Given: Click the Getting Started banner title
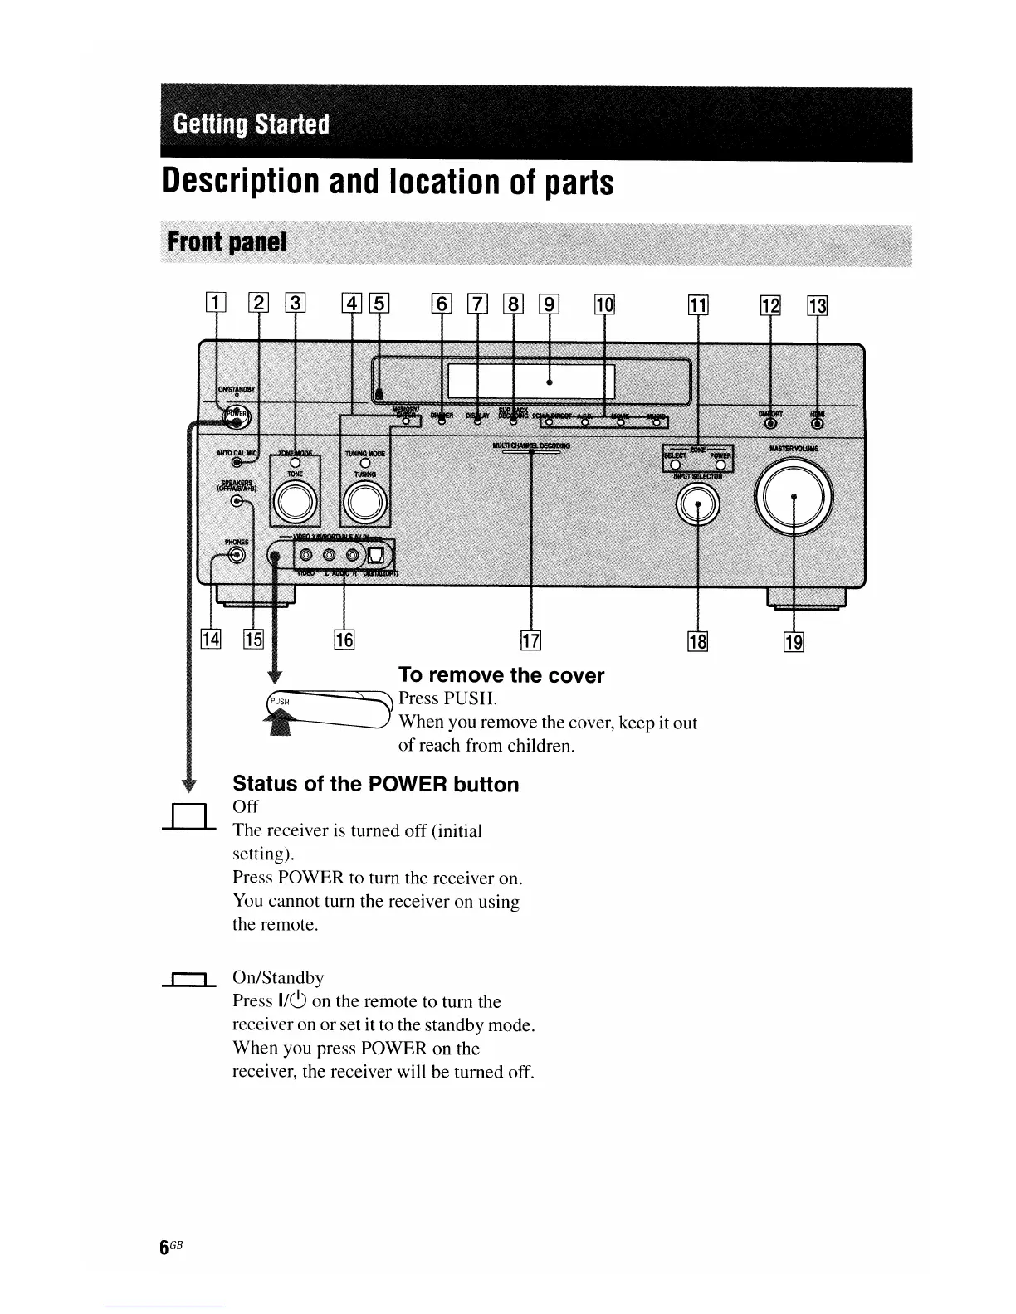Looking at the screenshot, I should pyautogui.click(x=252, y=124).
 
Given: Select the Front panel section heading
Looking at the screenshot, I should pyautogui.click(x=226, y=241).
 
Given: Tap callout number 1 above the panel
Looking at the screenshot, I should pyautogui.click(x=216, y=304).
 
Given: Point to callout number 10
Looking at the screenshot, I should pyautogui.click(x=604, y=304).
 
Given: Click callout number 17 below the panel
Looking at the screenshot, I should pyautogui.click(x=530, y=640).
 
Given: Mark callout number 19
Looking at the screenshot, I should pyautogui.click(x=794, y=640).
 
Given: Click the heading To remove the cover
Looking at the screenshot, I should pyautogui.click(x=501, y=675).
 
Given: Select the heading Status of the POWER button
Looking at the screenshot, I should pyautogui.click(x=375, y=784).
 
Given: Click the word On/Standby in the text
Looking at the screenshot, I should pyautogui.click(x=278, y=978).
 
